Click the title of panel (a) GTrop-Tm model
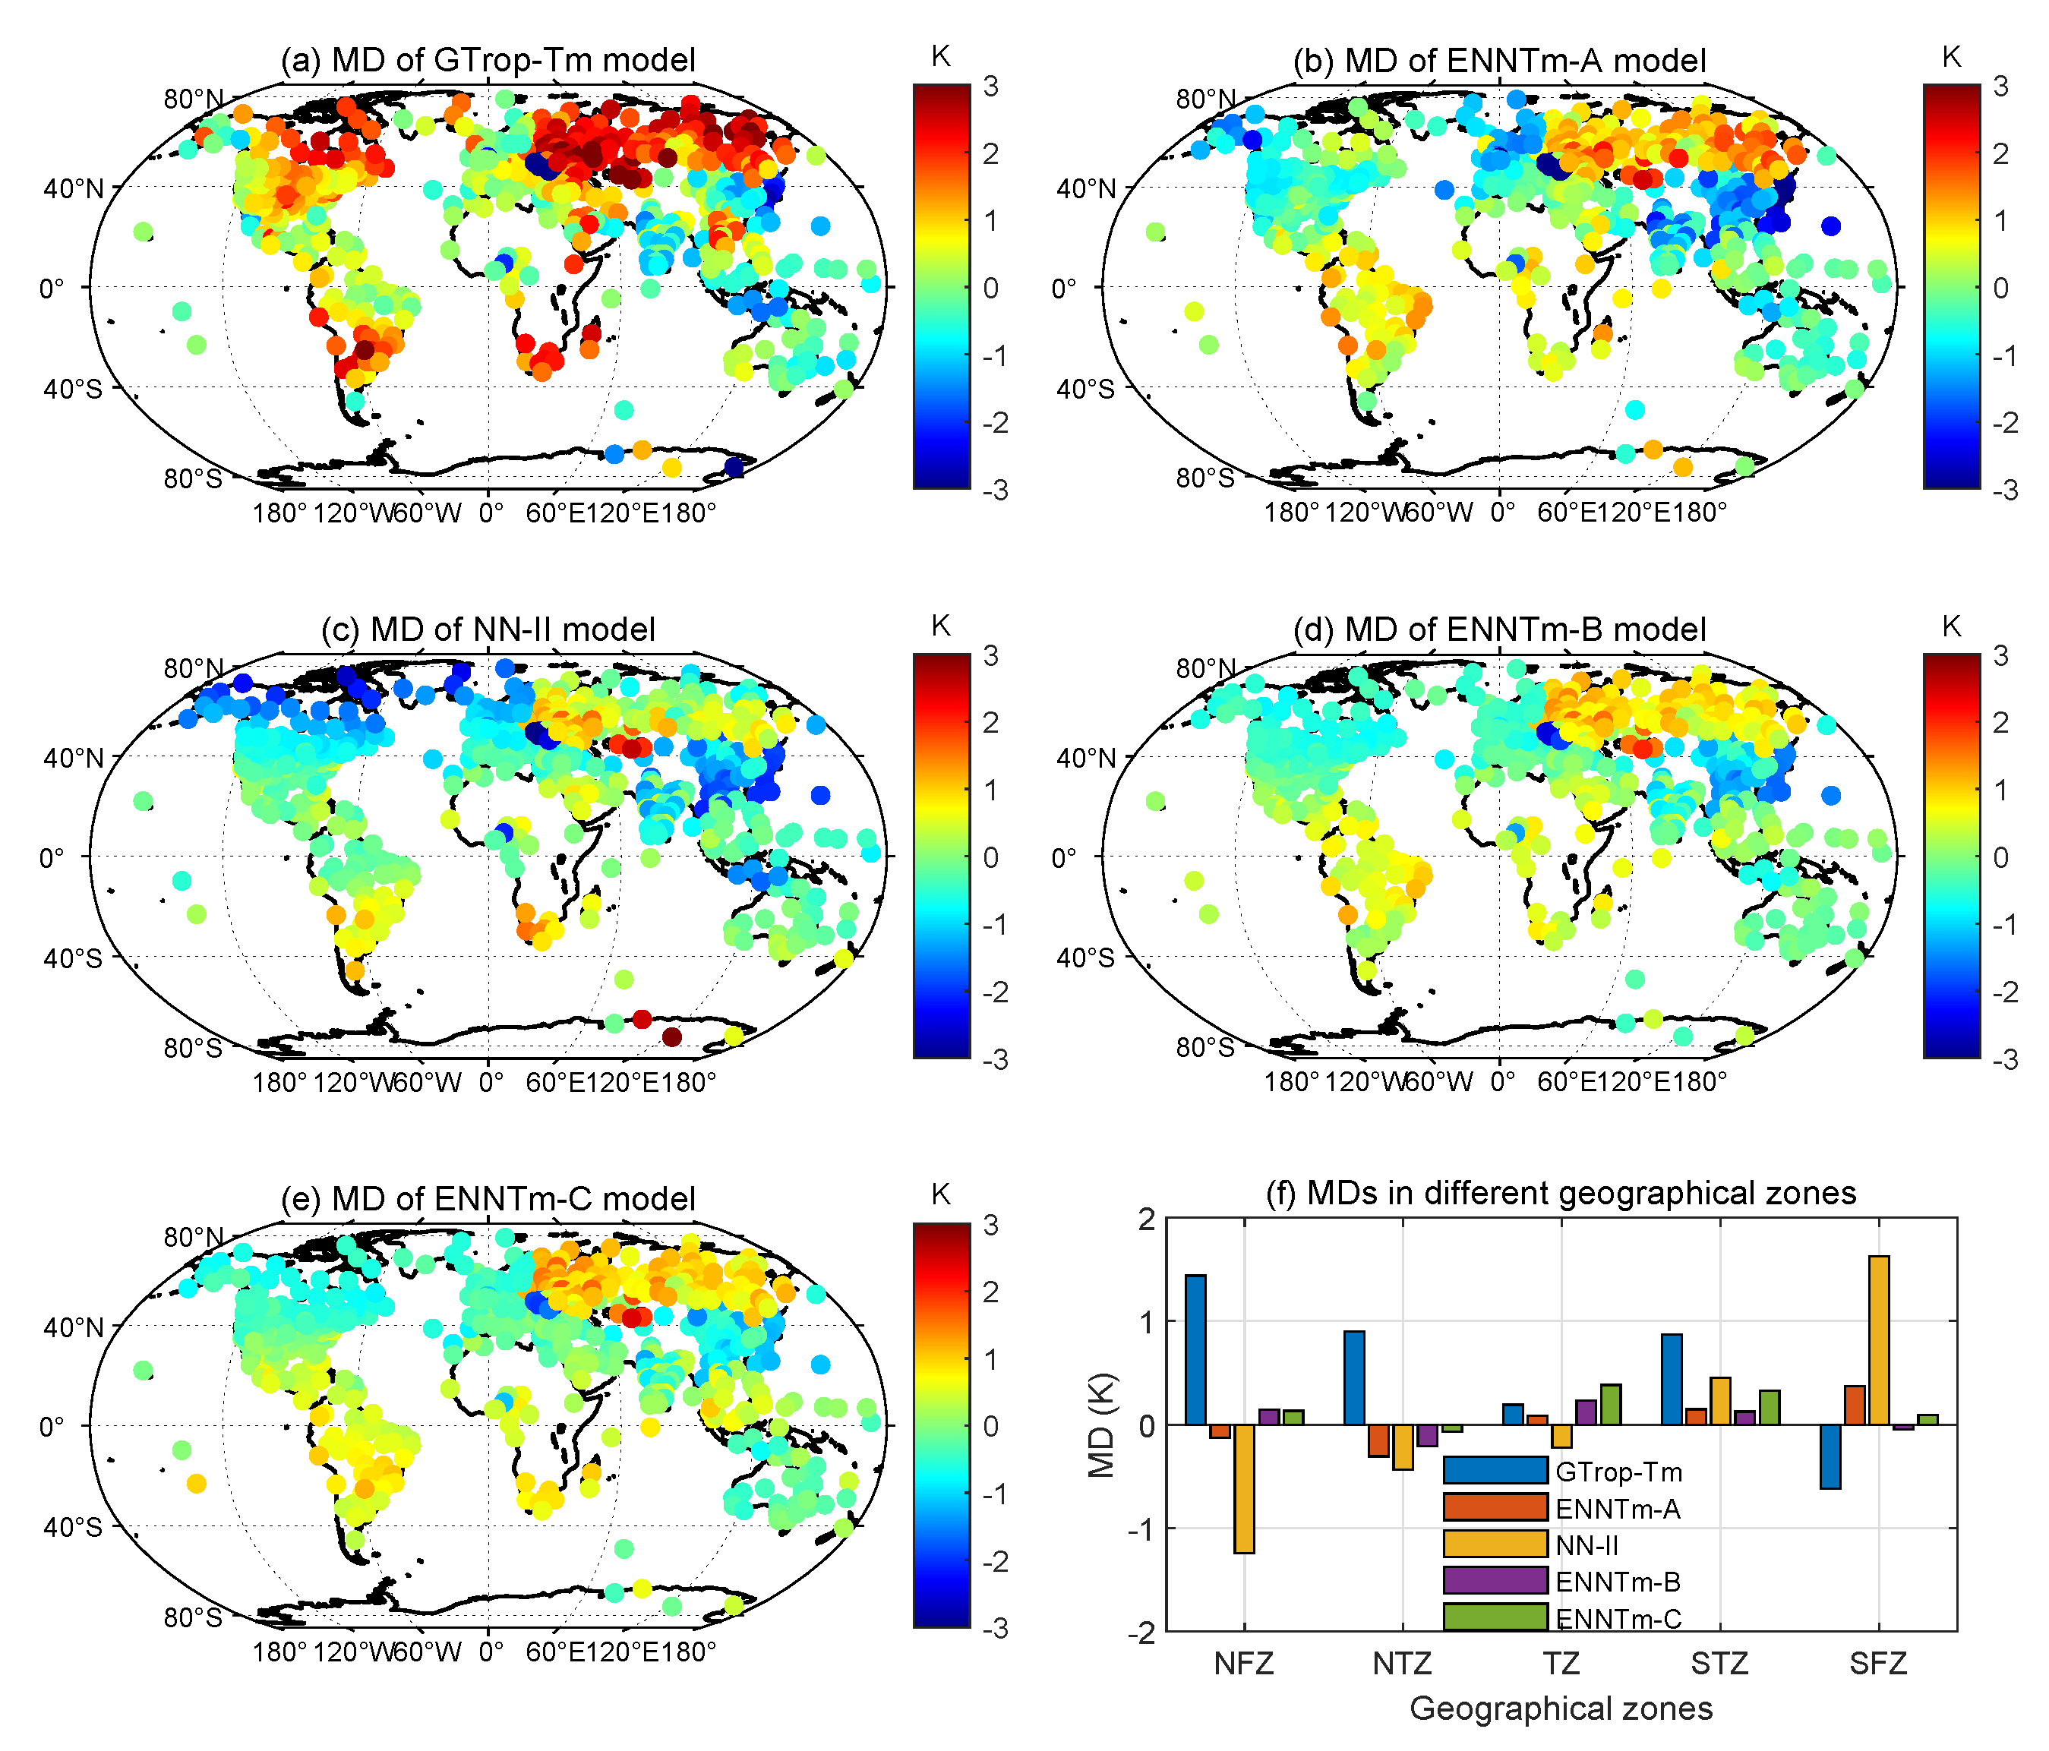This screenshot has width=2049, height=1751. point(488,60)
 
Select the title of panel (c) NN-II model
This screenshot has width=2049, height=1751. point(488,629)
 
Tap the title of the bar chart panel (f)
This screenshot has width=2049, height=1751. point(1561,1194)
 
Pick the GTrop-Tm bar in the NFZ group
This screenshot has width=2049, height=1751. point(1195,1349)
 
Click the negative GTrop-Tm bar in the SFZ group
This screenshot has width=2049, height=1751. point(1830,1456)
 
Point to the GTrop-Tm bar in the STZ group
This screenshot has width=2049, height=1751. point(1672,1379)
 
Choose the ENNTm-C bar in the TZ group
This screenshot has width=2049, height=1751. point(1610,1405)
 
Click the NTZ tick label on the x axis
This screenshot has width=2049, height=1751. point(1402,1664)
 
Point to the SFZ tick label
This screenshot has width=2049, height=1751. point(1878,1664)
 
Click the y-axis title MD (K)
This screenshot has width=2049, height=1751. point(1100,1424)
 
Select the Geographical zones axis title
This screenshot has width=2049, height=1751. point(1561,1708)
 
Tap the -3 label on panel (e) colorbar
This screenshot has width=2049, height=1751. point(996,1629)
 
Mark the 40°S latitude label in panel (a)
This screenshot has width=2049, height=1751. point(72,389)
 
